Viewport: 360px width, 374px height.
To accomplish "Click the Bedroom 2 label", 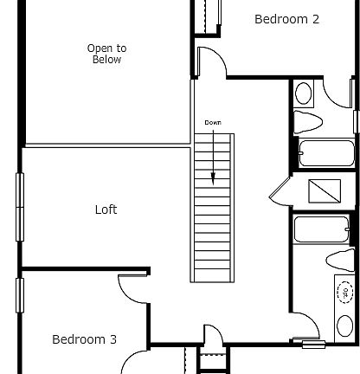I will tap(286, 19).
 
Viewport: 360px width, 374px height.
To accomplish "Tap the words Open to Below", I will tap(106, 54).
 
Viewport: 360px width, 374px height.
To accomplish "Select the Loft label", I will tap(106, 210).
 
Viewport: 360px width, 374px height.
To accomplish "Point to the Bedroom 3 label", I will tap(84, 339).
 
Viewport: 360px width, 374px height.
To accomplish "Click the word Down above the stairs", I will tap(213, 123).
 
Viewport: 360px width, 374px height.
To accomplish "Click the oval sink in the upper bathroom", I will tap(305, 92).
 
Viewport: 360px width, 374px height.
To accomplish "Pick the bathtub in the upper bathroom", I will tap(325, 153).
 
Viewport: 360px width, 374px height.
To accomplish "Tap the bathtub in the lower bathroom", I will tap(321, 229).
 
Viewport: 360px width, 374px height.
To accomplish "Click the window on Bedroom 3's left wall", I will tap(20, 293).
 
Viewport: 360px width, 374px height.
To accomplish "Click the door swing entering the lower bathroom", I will tap(305, 329).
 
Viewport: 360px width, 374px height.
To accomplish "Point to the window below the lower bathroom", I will tap(313, 345).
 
